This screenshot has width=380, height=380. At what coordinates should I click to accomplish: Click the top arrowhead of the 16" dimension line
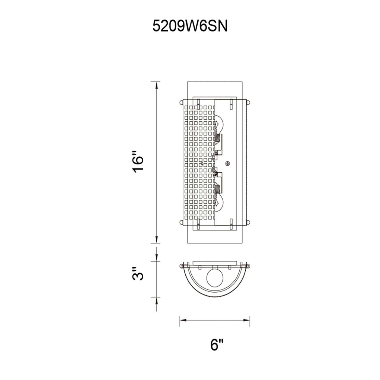(x=157, y=86)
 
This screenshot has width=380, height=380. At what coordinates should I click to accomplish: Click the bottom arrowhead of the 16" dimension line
(x=157, y=239)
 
